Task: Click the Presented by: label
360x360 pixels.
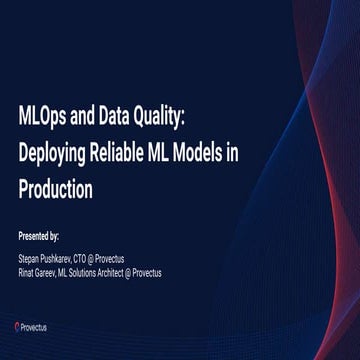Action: click(39, 236)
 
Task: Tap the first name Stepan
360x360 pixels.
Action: click(30, 258)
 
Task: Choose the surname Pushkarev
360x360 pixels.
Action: click(65, 258)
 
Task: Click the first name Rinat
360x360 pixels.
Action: click(28, 272)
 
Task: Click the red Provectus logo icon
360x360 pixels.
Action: click(18, 326)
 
